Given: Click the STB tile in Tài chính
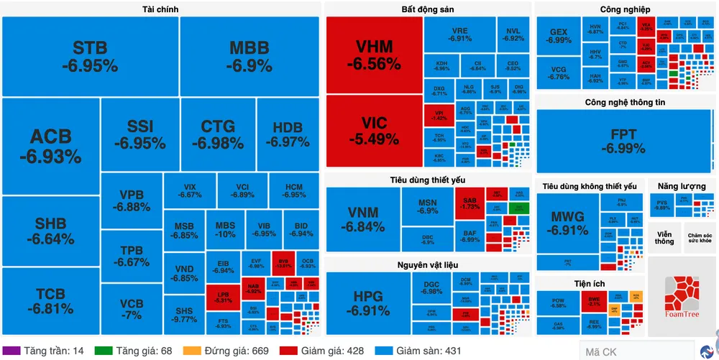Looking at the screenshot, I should pyautogui.click(x=90, y=57).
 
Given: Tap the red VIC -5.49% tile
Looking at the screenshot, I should pyautogui.click(x=373, y=130).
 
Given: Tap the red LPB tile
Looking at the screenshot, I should pyautogui.click(x=223, y=297).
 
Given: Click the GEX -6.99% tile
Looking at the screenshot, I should pyautogui.click(x=559, y=36).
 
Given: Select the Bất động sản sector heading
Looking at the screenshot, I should pyautogui.click(x=428, y=9).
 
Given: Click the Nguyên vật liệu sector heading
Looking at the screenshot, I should pyautogui.click(x=427, y=265).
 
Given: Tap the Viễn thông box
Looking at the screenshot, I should pyautogui.click(x=664, y=238).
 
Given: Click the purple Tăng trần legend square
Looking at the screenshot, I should pyautogui.click(x=13, y=351).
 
